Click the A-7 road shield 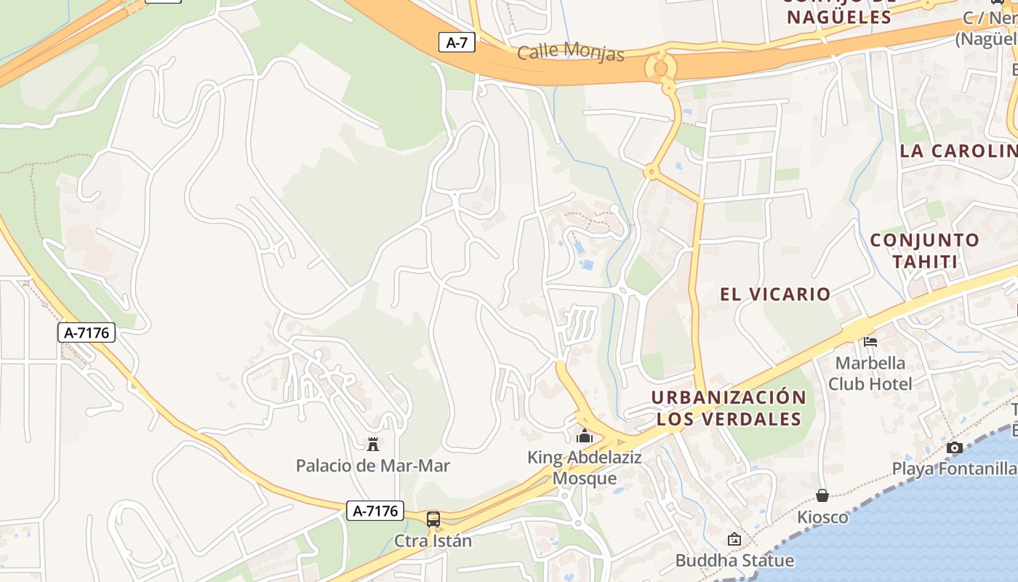[x=457, y=42]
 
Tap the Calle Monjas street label [x=571, y=52]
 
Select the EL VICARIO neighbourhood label [x=775, y=294]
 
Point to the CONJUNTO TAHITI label [x=924, y=250]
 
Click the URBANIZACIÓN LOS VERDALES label [x=729, y=408]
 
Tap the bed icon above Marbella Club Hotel [x=870, y=340]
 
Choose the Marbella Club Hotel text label [x=870, y=372]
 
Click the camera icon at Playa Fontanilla [x=955, y=447]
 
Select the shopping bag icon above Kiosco [x=822, y=495]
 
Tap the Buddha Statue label [x=734, y=560]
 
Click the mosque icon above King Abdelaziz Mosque [x=585, y=436]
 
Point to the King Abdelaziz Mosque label [x=585, y=468]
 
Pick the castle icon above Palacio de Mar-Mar [x=373, y=443]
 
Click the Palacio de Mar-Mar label [x=373, y=466]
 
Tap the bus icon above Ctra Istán [x=433, y=519]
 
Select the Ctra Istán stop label [x=433, y=541]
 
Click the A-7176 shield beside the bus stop [x=375, y=511]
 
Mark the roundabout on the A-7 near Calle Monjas [x=661, y=68]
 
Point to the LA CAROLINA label [x=958, y=151]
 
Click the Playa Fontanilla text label [x=955, y=469]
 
